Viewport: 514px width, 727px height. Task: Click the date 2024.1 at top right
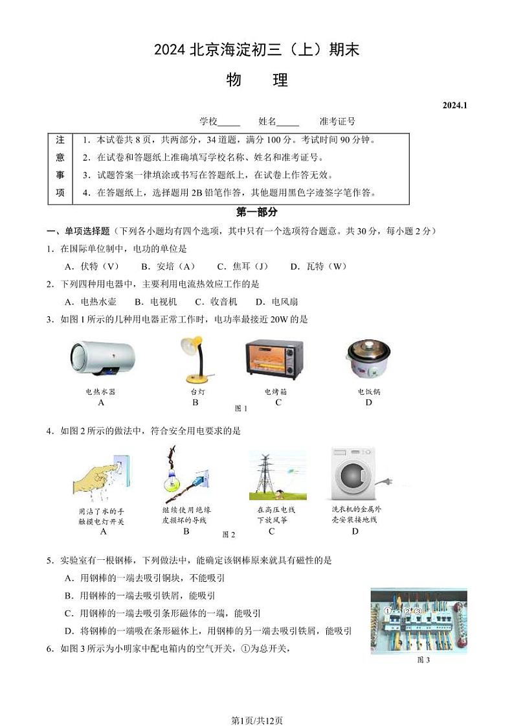coord(455,105)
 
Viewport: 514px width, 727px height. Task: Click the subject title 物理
coord(257,80)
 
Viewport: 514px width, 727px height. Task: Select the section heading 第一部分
coord(257,212)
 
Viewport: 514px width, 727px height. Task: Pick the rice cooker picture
coord(367,359)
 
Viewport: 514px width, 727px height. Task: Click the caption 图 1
coord(241,408)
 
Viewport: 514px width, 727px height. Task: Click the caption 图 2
coord(229,535)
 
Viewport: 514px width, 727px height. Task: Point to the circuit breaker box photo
coord(418,620)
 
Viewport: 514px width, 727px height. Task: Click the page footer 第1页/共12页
coord(257,702)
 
